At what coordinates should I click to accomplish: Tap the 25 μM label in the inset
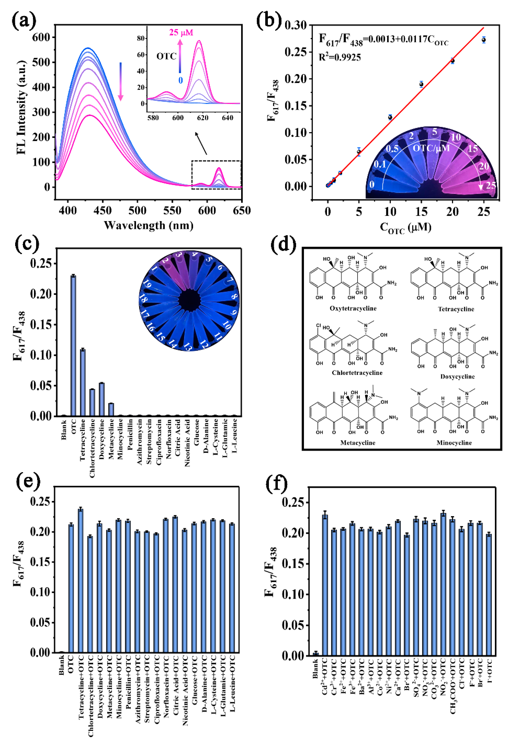pos(181,32)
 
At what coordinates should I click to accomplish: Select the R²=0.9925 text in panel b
pos(340,57)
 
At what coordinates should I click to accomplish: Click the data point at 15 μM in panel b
pos(421,84)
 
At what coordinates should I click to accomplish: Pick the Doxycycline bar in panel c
pos(102,399)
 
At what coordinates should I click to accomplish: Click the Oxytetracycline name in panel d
pos(353,308)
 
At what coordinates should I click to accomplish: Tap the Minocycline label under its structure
pos(454,443)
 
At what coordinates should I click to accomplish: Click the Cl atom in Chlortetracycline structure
pos(318,325)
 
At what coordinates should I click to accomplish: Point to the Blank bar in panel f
pos(316,654)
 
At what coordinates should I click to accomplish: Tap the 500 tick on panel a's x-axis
pos(137,211)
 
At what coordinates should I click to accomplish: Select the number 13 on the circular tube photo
pos(188,347)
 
